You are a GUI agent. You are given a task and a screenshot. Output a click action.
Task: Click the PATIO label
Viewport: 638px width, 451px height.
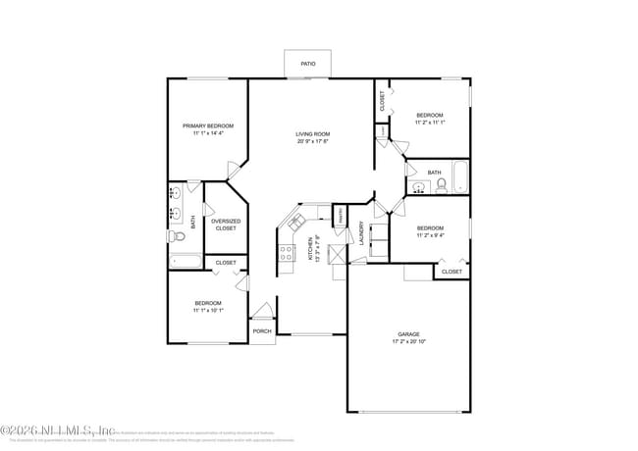pos(308,65)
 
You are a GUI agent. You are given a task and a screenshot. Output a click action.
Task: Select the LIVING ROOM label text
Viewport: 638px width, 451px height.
pos(313,134)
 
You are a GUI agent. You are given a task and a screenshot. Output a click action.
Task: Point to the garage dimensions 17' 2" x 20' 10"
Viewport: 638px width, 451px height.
pos(408,340)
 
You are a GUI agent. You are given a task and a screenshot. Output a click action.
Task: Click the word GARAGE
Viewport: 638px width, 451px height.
pos(408,333)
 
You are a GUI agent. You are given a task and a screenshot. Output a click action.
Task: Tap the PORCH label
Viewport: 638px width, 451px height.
pos(262,331)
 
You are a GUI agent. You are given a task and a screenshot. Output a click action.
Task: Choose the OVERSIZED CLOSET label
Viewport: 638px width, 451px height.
pos(226,225)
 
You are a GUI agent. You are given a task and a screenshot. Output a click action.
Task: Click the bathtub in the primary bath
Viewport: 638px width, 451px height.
pos(185,261)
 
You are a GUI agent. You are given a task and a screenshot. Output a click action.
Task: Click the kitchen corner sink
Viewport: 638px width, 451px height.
pos(294,225)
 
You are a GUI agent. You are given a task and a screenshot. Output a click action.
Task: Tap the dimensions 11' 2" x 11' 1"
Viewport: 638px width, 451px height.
pos(430,123)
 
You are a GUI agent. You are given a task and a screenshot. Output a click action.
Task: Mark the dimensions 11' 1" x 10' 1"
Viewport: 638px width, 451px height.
pos(208,310)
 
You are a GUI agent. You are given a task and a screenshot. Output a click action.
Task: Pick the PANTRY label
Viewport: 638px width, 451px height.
pos(340,213)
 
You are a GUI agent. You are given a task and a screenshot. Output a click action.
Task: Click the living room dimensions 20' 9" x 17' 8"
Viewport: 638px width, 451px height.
pos(313,141)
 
